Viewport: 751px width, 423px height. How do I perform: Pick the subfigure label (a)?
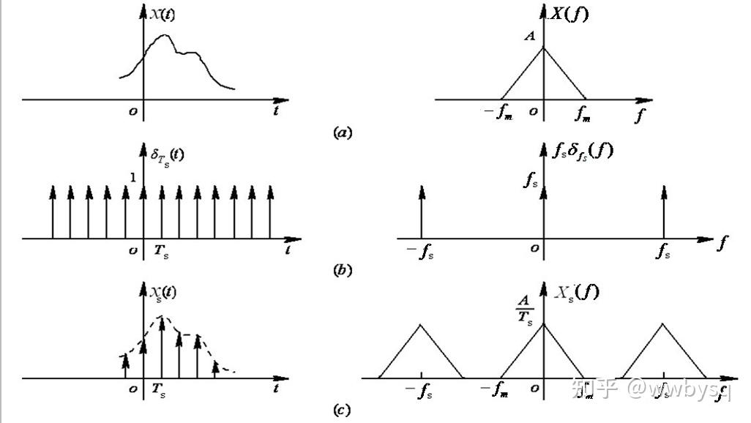(342, 133)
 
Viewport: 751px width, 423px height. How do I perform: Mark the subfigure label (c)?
(342, 410)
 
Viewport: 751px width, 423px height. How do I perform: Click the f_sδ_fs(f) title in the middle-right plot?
(582, 151)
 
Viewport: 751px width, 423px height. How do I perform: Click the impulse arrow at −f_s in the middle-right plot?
(422, 211)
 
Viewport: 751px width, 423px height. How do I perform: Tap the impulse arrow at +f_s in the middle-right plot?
(663, 211)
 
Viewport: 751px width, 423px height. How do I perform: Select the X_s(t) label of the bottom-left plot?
(163, 294)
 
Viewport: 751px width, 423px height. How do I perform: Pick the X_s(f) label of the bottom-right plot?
(576, 293)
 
